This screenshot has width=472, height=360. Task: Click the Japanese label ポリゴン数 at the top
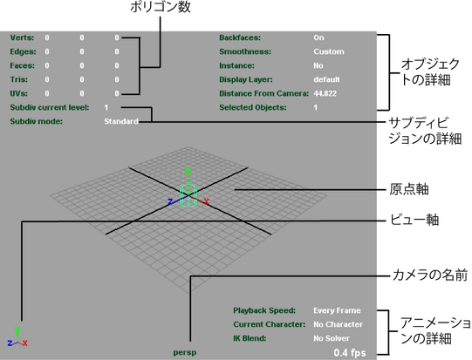[x=161, y=7]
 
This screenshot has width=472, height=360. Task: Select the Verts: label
[x=22, y=37]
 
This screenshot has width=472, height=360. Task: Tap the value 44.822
[x=325, y=93]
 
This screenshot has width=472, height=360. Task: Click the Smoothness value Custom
[x=329, y=51]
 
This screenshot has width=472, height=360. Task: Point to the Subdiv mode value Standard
[x=121, y=121]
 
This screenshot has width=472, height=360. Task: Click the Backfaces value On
[x=318, y=37]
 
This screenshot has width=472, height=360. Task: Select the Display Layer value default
[x=326, y=79]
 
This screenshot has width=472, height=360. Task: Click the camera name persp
[x=185, y=352]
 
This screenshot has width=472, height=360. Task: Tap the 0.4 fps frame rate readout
[x=350, y=352]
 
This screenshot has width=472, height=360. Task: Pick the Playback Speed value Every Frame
[x=337, y=310]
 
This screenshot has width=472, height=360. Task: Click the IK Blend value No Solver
[x=332, y=338]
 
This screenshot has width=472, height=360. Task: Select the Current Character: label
[x=270, y=324]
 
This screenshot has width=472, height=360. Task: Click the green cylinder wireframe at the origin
[x=188, y=195]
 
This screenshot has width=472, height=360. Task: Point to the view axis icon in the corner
[x=17, y=336]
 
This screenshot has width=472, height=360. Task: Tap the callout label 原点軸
[x=409, y=189]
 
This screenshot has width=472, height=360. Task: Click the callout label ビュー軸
[x=414, y=220]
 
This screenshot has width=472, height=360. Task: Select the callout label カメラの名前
[x=430, y=275]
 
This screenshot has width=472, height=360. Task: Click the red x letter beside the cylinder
[x=207, y=201]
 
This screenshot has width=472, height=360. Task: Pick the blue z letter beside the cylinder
[x=170, y=201]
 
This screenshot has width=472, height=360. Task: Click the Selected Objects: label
[x=253, y=108]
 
